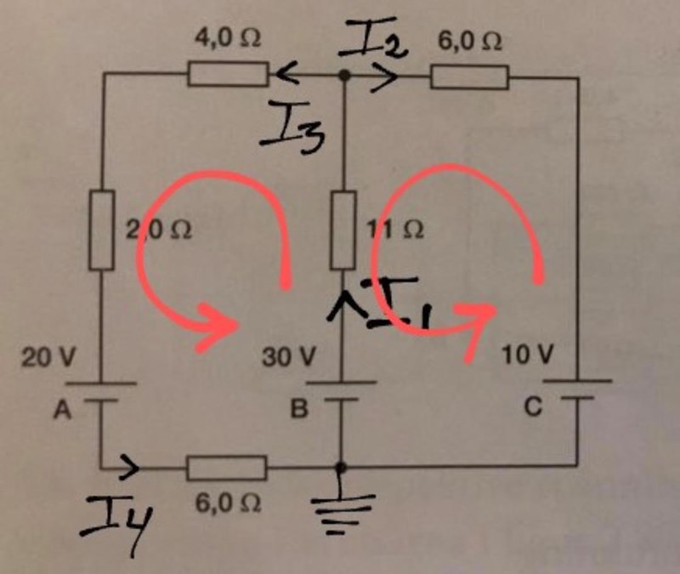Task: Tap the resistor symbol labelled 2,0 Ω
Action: [x=101, y=230]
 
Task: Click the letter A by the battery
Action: [x=61, y=412]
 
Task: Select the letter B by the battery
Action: [x=297, y=412]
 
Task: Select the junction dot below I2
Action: [x=343, y=76]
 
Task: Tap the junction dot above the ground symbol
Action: [x=342, y=467]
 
